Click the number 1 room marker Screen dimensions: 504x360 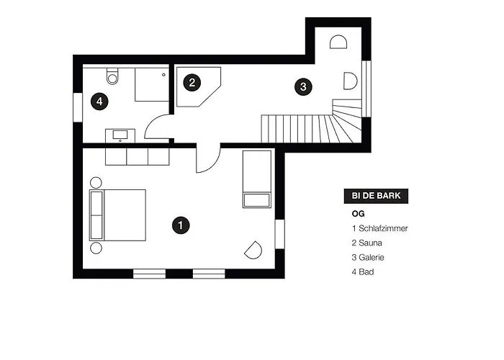click(181, 225)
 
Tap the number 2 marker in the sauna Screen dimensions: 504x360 click(192, 83)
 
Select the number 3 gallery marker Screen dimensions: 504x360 click(303, 86)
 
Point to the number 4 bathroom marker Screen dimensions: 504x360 click(99, 102)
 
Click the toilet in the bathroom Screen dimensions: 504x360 click(112, 76)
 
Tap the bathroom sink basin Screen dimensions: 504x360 click(120, 135)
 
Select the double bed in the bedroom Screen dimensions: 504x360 click(117, 215)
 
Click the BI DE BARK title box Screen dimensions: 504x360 click(376, 196)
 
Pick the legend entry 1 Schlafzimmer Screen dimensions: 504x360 click(379, 228)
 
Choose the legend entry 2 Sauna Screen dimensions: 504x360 click(366, 243)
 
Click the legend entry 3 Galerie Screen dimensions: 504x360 click(368, 257)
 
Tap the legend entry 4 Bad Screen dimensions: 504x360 click(363, 272)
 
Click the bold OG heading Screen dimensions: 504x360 click(358, 214)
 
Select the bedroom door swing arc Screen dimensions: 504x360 click(214, 165)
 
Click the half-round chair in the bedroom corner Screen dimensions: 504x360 click(253, 250)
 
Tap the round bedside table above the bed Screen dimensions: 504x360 click(96, 183)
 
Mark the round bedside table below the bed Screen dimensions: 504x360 click(96, 248)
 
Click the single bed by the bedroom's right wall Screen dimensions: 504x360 click(257, 179)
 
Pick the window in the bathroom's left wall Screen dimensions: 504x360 click(78, 107)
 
